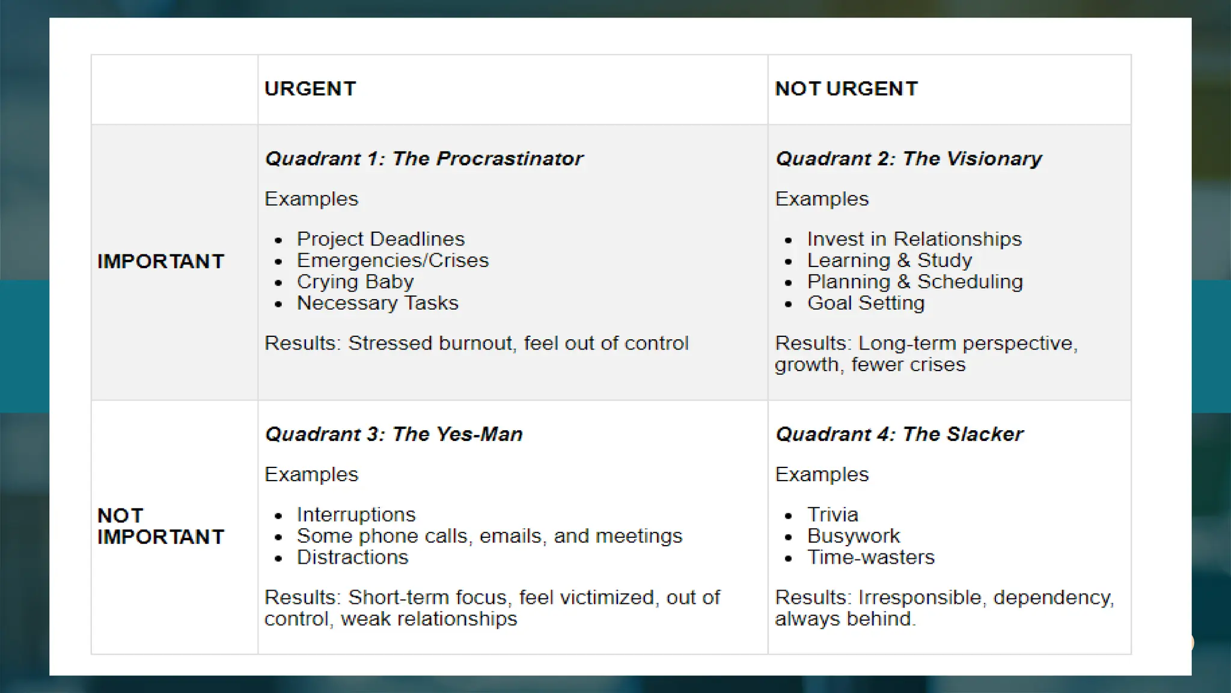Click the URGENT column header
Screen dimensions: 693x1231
tap(310, 89)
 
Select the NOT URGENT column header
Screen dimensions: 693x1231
tap(846, 89)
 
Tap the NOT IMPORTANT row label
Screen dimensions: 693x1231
tap(160, 526)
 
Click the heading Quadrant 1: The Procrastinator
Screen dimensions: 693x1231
tap(424, 159)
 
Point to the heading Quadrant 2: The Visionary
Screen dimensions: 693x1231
tap(908, 159)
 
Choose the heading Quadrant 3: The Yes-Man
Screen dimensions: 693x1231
tap(394, 434)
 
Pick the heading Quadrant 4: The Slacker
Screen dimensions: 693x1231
tap(899, 434)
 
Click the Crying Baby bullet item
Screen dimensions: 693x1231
tap(355, 282)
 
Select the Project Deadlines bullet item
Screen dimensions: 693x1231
tap(380, 239)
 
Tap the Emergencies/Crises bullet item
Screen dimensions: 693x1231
tap(393, 260)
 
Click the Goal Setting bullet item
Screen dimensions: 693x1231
tap(866, 303)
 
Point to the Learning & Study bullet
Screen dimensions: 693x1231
tap(889, 260)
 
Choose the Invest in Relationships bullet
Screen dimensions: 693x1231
tap(914, 239)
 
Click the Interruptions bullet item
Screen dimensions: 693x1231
tap(356, 515)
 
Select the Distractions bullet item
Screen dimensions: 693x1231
tap(352, 558)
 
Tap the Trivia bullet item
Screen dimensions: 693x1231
tap(832, 515)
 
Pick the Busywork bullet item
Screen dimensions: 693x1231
tap(853, 536)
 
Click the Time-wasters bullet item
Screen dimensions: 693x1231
tap(871, 558)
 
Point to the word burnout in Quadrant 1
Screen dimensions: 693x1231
tap(476, 343)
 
